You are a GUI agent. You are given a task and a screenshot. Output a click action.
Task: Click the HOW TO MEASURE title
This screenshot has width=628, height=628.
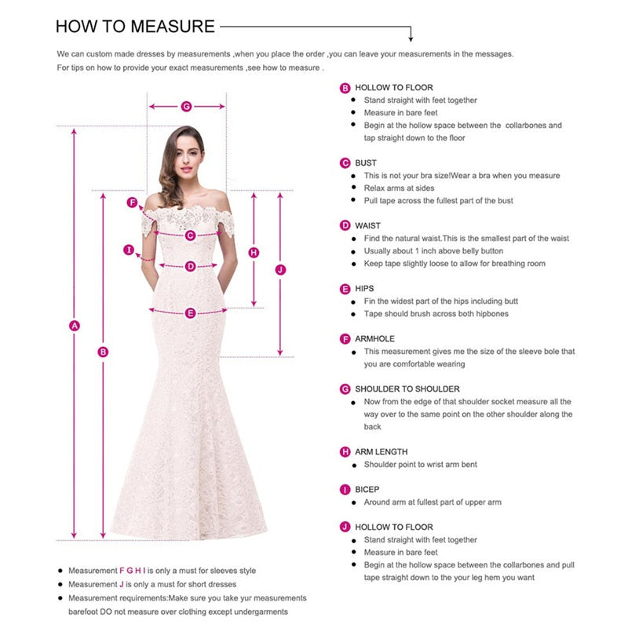coord(135,26)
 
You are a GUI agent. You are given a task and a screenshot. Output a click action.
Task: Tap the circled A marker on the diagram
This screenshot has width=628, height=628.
coord(75,326)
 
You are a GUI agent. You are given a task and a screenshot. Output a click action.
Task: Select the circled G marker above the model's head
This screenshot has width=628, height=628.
coord(187,106)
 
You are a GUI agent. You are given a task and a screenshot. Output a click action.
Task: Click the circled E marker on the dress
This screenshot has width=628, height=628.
coord(190,313)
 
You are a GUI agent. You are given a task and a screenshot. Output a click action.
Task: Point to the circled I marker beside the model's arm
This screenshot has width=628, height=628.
coord(129,250)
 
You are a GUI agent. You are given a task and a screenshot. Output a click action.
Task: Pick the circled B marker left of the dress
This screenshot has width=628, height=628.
coord(103,352)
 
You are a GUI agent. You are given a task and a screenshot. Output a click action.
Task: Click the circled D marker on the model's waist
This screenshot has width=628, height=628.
coord(190,266)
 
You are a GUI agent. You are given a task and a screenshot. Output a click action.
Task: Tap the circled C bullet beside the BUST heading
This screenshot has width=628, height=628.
coord(345,163)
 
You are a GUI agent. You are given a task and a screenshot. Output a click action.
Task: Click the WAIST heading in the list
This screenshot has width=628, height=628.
coord(367,225)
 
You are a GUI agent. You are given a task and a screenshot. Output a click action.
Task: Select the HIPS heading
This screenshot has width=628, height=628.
coord(364,288)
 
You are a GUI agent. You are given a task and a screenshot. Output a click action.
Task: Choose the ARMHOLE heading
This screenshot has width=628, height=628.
coord(374,338)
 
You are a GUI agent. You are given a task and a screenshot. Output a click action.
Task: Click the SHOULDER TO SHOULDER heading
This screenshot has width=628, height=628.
coord(407,389)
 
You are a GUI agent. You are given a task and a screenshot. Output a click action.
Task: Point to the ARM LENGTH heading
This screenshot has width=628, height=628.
coord(381,451)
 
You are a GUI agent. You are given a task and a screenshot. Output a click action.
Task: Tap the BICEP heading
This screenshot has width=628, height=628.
coord(367,489)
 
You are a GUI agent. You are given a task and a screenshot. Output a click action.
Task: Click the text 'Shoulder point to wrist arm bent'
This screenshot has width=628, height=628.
coord(420,464)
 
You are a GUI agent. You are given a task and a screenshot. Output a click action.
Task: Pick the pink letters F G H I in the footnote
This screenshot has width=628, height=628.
coord(132,571)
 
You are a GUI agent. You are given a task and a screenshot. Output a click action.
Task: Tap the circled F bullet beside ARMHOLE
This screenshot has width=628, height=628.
coord(345,339)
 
